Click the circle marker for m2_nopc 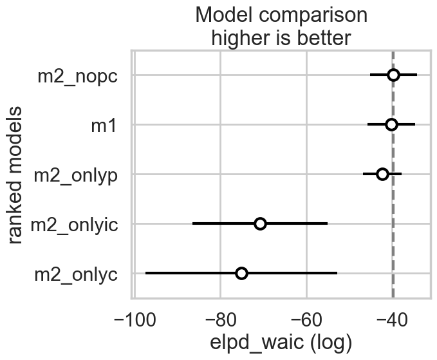pyautogui.click(x=393, y=75)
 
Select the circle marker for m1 pyautogui.click(x=391, y=124)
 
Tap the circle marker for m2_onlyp pyautogui.click(x=382, y=174)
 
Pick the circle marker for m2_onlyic pyautogui.click(x=260, y=223)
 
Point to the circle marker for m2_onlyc pyautogui.click(x=241, y=273)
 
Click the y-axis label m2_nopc pyautogui.click(x=77, y=75)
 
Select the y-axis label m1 pyautogui.click(x=104, y=125)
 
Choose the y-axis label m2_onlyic pyautogui.click(x=73, y=224)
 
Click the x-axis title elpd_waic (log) pyautogui.click(x=280, y=342)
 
